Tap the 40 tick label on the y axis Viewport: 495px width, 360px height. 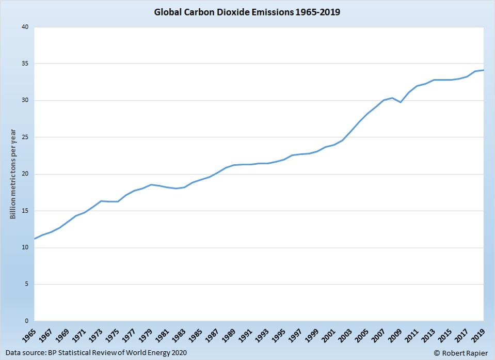(x=24, y=27)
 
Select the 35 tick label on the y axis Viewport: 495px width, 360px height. (x=24, y=64)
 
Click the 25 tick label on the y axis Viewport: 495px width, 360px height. (x=24, y=137)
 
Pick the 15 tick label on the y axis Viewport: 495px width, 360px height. (x=24, y=211)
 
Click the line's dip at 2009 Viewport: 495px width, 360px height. (x=401, y=102)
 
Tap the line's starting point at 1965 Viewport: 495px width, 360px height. (x=34, y=239)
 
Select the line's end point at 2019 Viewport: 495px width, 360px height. (x=483, y=70)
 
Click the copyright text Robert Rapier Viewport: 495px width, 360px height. (x=460, y=353)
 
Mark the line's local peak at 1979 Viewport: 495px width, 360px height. (x=151, y=184)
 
